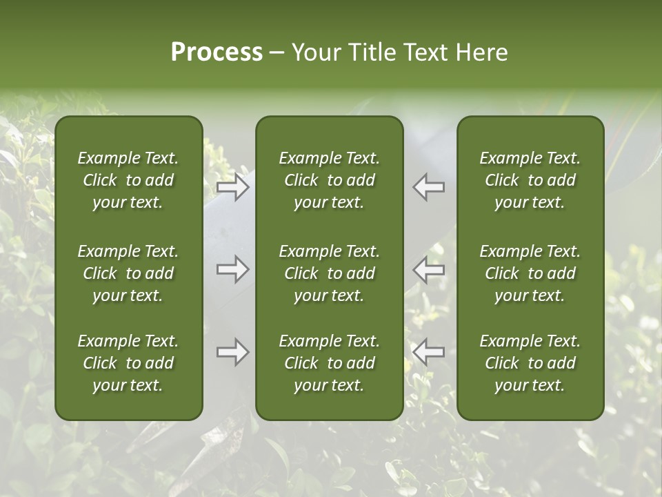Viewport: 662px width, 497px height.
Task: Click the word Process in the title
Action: tap(217, 52)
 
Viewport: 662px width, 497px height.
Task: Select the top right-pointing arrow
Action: tap(233, 187)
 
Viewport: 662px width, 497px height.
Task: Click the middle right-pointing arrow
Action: tap(233, 269)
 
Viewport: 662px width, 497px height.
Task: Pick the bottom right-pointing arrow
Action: tap(233, 352)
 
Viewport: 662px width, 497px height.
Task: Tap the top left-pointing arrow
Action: tap(429, 187)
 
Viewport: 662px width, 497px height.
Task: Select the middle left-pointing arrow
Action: tap(429, 269)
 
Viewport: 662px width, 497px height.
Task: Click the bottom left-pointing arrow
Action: tap(429, 352)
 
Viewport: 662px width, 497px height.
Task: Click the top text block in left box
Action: tap(128, 180)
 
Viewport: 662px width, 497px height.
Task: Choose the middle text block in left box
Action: tap(128, 273)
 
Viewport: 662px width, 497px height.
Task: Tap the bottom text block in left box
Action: tap(128, 363)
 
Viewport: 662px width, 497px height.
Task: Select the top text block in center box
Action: tap(329, 180)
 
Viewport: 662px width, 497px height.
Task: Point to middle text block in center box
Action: tap(329, 273)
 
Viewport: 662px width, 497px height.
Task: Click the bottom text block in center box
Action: tap(329, 363)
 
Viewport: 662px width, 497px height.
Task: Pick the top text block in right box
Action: tap(530, 180)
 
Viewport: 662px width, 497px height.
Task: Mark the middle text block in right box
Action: tap(530, 273)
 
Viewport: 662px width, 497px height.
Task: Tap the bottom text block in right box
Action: tap(530, 363)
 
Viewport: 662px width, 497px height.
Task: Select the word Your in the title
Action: tap(315, 52)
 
